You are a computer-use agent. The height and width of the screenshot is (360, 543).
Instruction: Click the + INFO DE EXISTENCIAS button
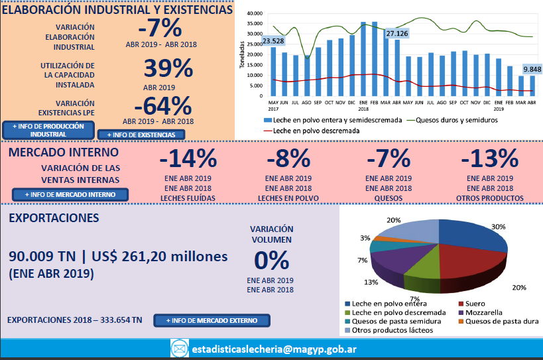coord(141,135)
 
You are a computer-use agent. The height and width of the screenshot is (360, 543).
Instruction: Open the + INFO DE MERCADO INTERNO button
coord(70,194)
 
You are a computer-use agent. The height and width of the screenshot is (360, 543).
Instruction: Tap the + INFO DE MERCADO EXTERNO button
coord(212,321)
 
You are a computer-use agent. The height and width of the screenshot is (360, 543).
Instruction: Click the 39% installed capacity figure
coord(168,69)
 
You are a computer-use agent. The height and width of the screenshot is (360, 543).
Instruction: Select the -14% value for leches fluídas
coord(188,159)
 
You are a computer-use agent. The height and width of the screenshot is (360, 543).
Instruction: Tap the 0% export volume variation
coord(270,260)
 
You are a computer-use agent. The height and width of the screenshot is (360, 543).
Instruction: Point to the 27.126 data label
coord(397,33)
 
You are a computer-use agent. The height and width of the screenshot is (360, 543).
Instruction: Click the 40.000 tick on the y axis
coord(255,13)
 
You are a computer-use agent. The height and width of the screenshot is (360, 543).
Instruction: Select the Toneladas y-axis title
coord(243,54)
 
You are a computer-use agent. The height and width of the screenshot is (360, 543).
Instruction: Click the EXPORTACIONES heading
coord(56,217)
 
